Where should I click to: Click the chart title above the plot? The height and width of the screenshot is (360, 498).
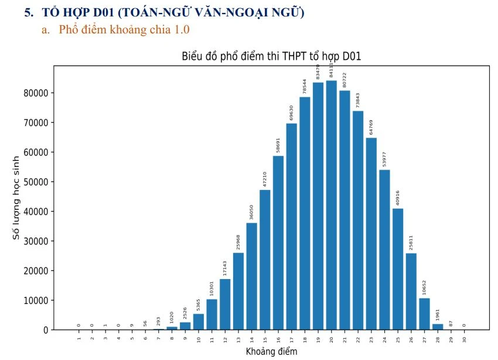point(271,57)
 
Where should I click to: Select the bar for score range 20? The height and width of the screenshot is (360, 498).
point(332,205)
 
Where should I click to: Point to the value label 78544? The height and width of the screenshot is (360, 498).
point(305,87)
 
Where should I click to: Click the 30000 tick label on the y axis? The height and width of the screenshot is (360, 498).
point(36,241)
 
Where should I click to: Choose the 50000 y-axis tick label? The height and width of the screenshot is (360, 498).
point(36,182)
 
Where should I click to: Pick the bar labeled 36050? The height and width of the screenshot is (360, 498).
point(251,276)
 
